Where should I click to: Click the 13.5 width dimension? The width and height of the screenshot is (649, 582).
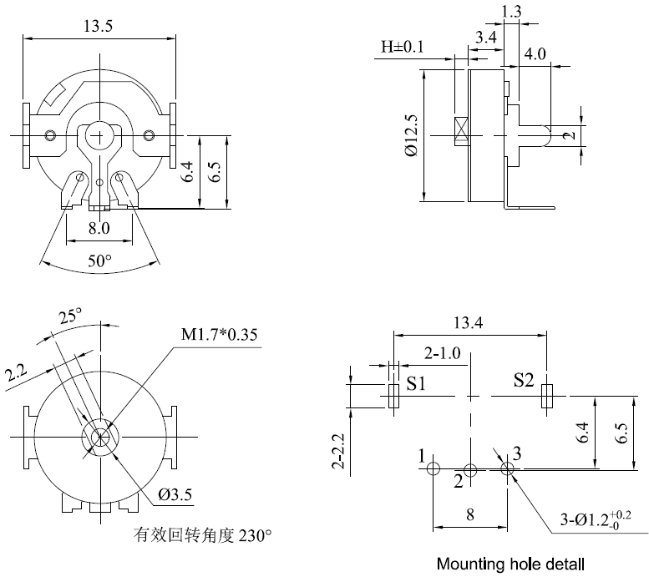pos(99,26)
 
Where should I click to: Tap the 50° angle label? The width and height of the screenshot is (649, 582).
pos(100,261)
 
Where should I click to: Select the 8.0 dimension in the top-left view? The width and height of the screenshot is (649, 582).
pos(99,227)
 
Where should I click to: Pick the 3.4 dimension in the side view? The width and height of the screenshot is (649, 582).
pos(487,37)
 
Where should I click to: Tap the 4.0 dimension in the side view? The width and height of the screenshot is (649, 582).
pos(535,53)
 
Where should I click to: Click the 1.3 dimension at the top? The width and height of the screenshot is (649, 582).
pos(511,11)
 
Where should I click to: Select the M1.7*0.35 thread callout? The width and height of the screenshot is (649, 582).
pos(220,335)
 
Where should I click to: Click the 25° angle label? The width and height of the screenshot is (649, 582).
pos(70,316)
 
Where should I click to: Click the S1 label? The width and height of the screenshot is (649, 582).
pos(416,384)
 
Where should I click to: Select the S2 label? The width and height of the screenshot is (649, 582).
pos(524,382)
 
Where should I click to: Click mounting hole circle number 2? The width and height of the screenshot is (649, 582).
pos(470,470)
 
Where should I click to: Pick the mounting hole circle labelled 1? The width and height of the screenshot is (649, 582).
pos(433,469)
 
